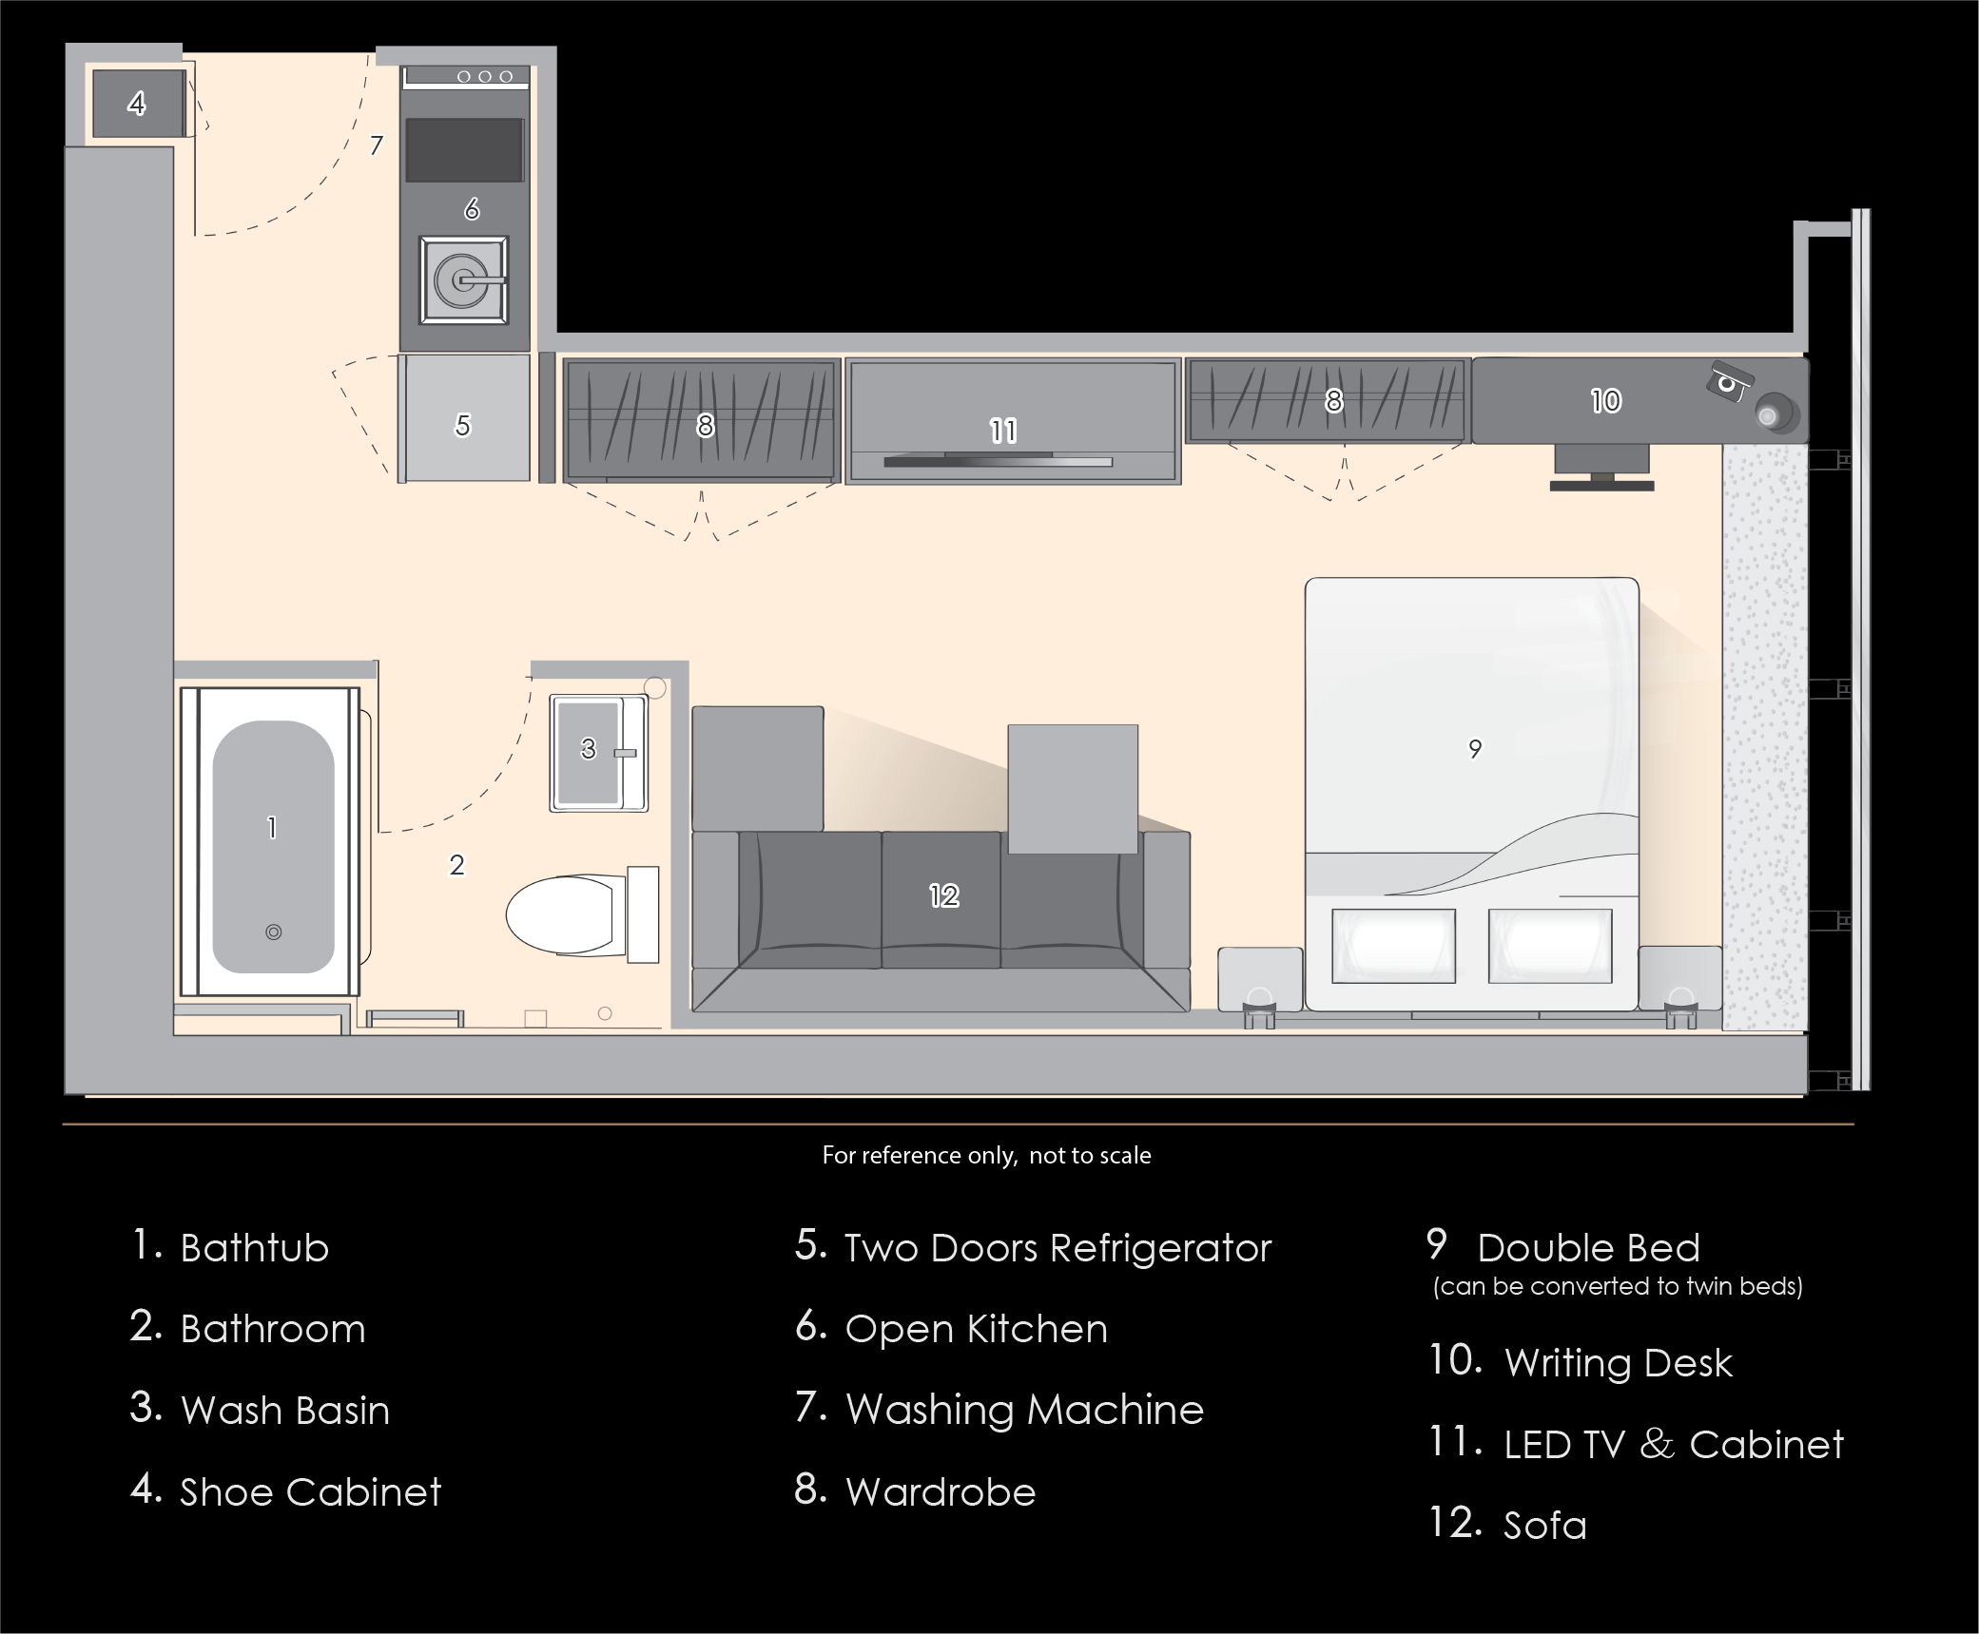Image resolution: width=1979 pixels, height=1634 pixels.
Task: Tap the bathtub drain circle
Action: pyautogui.click(x=273, y=932)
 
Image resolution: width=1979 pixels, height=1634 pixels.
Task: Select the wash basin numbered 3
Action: pyautogui.click(x=599, y=752)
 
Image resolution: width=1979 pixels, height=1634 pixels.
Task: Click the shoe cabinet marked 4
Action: pyautogui.click(x=138, y=104)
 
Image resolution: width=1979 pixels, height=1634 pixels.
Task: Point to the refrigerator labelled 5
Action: pyautogui.click(x=464, y=418)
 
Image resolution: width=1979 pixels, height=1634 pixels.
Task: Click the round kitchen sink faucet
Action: pyautogui.click(x=464, y=280)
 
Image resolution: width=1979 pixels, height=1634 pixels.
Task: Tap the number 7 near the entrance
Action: pyautogui.click(x=377, y=145)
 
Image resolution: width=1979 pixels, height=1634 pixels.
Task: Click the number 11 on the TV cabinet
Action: pyautogui.click(x=1003, y=432)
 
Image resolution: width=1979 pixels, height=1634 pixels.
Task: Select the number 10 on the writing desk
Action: pyautogui.click(x=1605, y=401)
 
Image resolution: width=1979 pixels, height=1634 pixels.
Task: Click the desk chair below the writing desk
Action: pyautogui.click(x=1601, y=468)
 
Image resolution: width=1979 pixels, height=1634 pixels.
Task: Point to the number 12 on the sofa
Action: pyautogui.click(x=943, y=895)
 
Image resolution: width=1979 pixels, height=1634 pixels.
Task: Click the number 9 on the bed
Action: pyautogui.click(x=1475, y=749)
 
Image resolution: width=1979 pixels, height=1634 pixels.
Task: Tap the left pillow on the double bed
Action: pyautogui.click(x=1393, y=946)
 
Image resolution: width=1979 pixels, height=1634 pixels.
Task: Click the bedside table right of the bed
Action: pyautogui.click(x=1679, y=979)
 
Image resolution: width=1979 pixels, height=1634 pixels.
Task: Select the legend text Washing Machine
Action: pyautogui.click(x=1025, y=1410)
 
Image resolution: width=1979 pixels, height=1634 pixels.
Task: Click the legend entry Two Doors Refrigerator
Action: pyautogui.click(x=1034, y=1247)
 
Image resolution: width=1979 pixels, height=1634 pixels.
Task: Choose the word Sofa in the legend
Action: pyautogui.click(x=1545, y=1526)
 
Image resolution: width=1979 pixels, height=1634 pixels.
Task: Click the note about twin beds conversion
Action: pyautogui.click(x=1618, y=1286)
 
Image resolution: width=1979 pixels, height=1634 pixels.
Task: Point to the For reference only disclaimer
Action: pyautogui.click(x=986, y=1155)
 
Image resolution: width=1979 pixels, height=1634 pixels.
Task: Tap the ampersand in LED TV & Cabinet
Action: pyautogui.click(x=1657, y=1444)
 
